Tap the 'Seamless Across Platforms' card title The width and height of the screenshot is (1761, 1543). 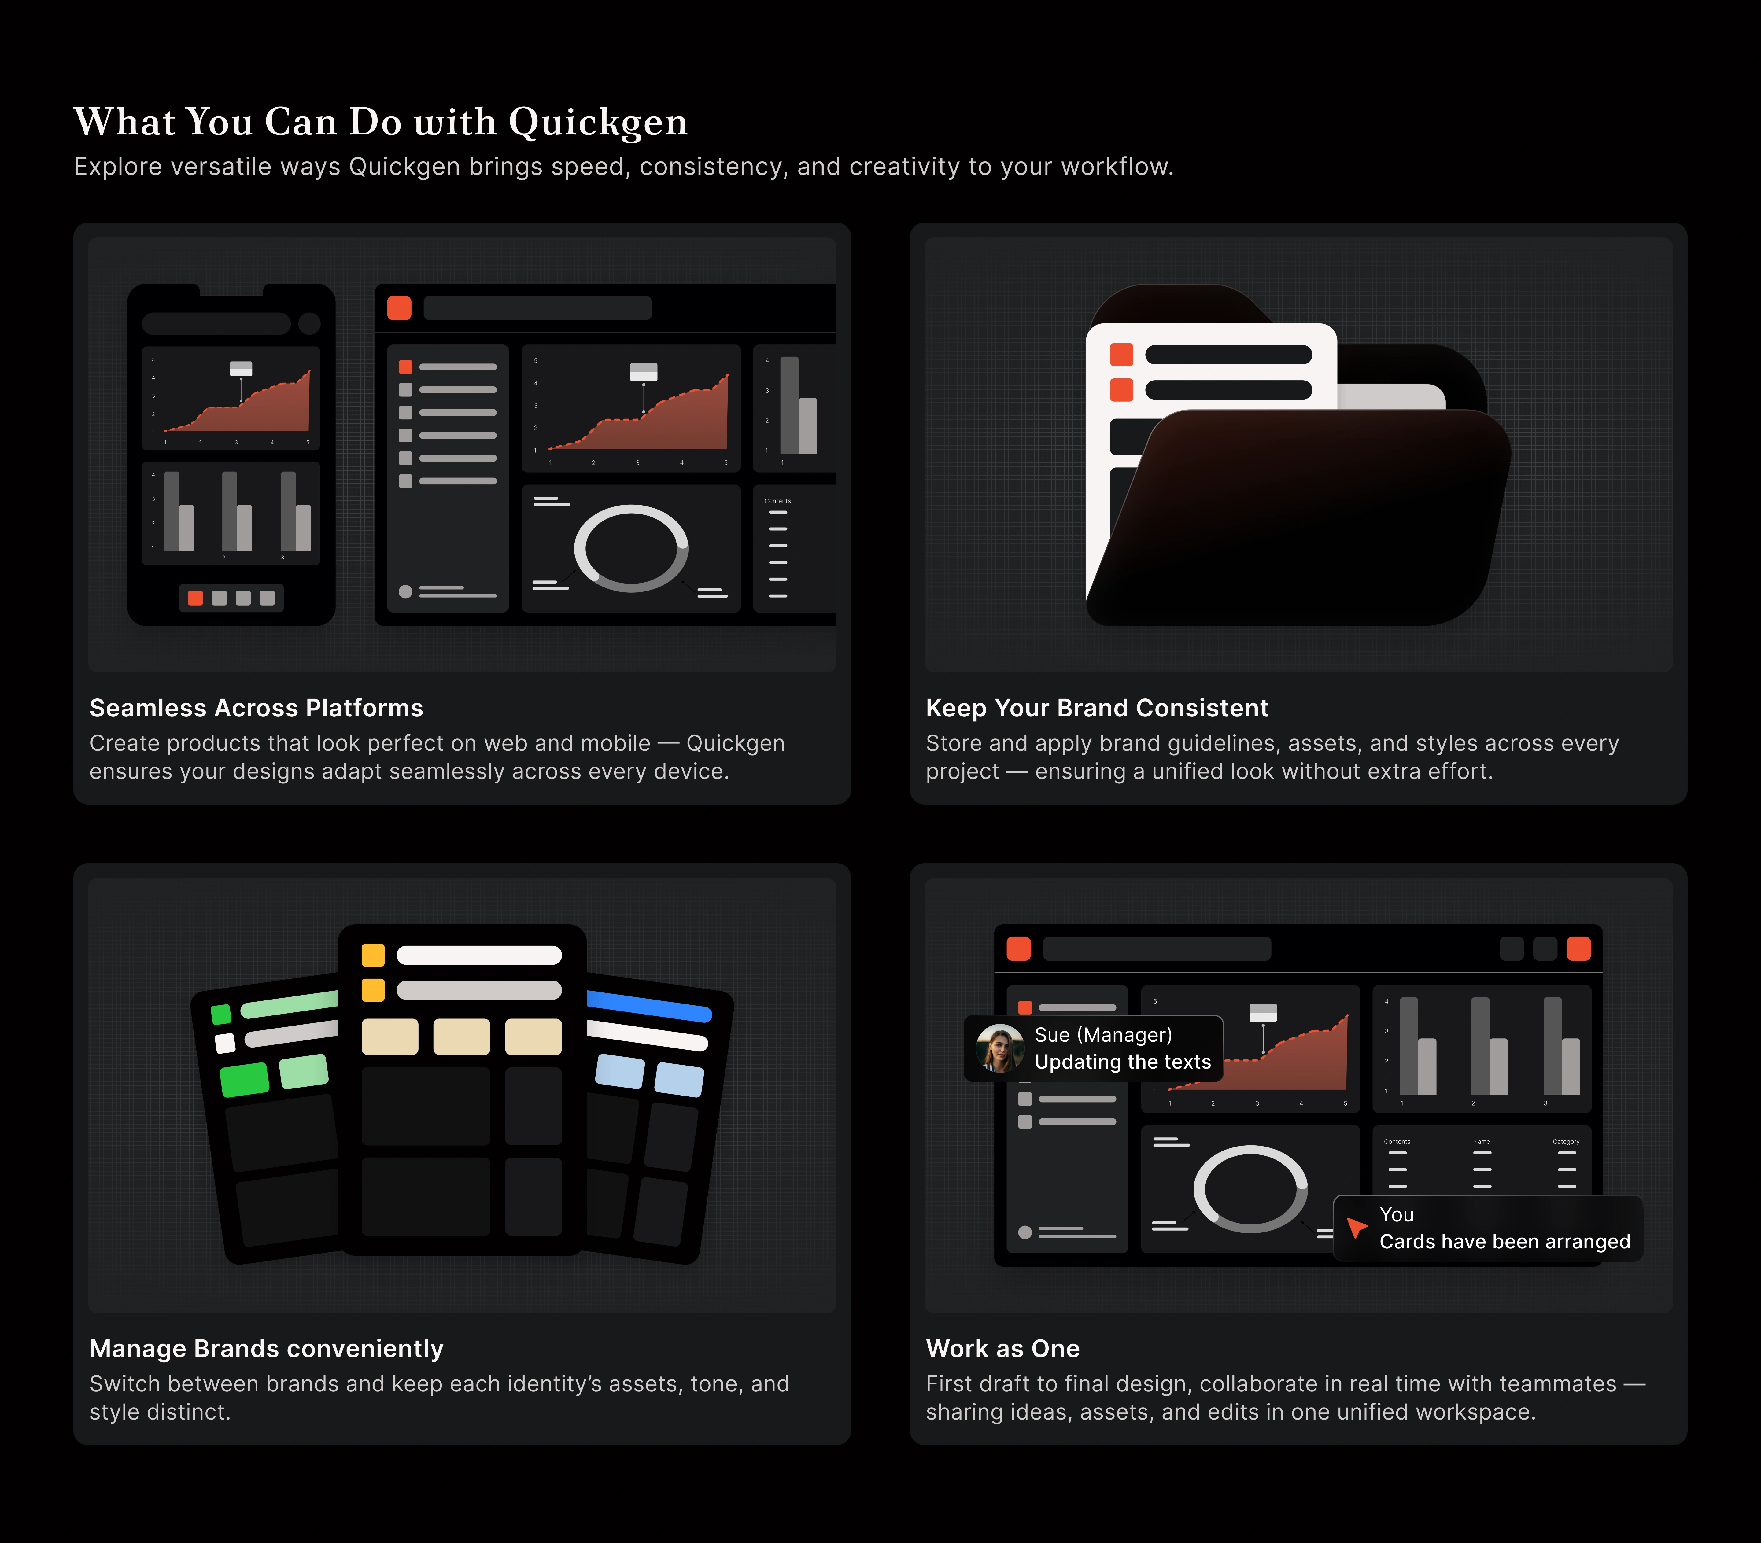coord(256,708)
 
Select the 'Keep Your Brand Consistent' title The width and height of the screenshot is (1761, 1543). coord(1096,708)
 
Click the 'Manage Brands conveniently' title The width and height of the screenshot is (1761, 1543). coord(266,1348)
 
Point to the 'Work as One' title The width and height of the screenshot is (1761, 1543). coord(1002,1348)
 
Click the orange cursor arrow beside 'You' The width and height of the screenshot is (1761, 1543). coord(1357,1227)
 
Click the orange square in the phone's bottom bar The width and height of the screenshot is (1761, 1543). coord(195,598)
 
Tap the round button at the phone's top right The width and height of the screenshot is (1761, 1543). coord(309,324)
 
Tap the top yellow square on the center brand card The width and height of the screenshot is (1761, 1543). coord(373,955)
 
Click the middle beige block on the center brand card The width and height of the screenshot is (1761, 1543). coord(462,1037)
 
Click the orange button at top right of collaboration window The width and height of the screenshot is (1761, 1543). coord(1578,949)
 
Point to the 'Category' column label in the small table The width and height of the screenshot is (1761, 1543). coord(1566,1142)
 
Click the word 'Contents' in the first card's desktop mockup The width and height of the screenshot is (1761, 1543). coord(777,501)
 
